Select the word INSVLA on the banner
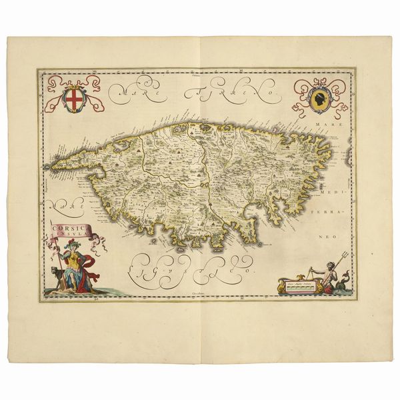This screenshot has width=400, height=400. pos(69,235)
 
